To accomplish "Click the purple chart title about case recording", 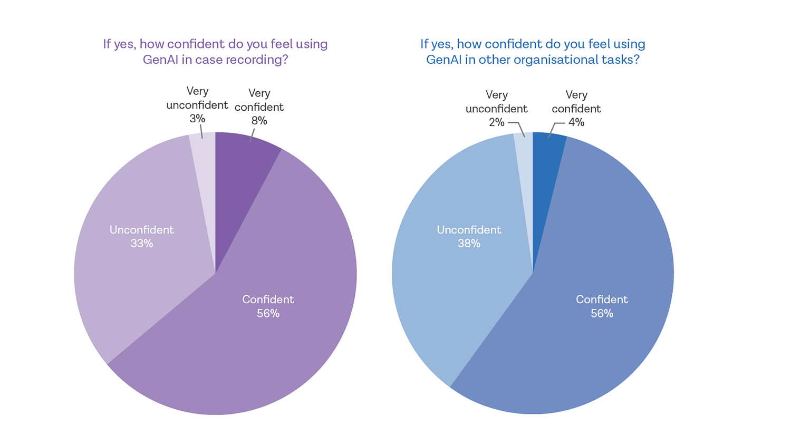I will (x=215, y=52).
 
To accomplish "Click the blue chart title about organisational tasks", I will (x=533, y=52).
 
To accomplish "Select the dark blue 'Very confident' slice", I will (x=546, y=169).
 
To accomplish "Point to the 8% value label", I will (x=259, y=121).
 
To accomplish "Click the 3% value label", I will (x=197, y=119).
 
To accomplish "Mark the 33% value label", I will (x=142, y=244).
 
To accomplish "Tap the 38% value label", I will (x=469, y=244).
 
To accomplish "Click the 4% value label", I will (x=576, y=122).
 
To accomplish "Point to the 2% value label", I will (x=497, y=122).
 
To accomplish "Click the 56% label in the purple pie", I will (x=268, y=314).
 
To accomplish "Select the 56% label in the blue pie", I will (x=602, y=314).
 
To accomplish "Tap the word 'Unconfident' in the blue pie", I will (x=469, y=230).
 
